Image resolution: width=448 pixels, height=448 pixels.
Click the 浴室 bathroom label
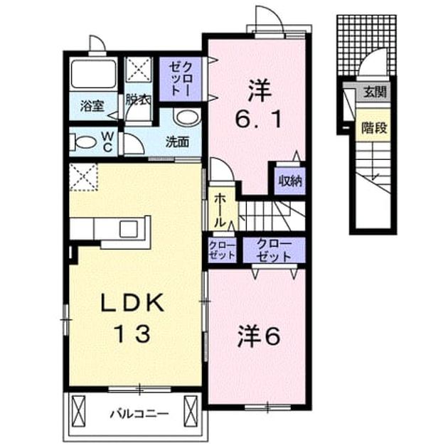(92, 106)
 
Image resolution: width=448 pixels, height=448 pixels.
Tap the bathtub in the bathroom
(93, 74)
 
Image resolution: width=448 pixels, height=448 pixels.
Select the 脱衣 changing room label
(139, 100)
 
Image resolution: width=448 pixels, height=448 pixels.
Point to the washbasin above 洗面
(186, 117)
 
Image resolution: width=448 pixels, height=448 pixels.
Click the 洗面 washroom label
(177, 142)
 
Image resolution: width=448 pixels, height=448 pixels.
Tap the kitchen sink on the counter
(129, 229)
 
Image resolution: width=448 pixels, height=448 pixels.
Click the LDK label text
(132, 302)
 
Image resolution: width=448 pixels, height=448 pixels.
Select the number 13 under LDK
(132, 334)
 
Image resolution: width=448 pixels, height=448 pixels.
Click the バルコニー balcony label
(139, 414)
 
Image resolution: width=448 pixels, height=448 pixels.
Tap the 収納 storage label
(290, 181)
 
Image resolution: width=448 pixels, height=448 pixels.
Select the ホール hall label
(220, 210)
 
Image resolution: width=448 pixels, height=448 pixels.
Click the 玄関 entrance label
(375, 92)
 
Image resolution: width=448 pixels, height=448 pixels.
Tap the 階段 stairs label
(374, 127)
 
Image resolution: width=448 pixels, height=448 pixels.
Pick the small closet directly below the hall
(222, 250)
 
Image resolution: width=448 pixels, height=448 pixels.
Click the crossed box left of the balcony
(78, 412)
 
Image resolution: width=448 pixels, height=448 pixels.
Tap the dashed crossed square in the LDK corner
(83, 177)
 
